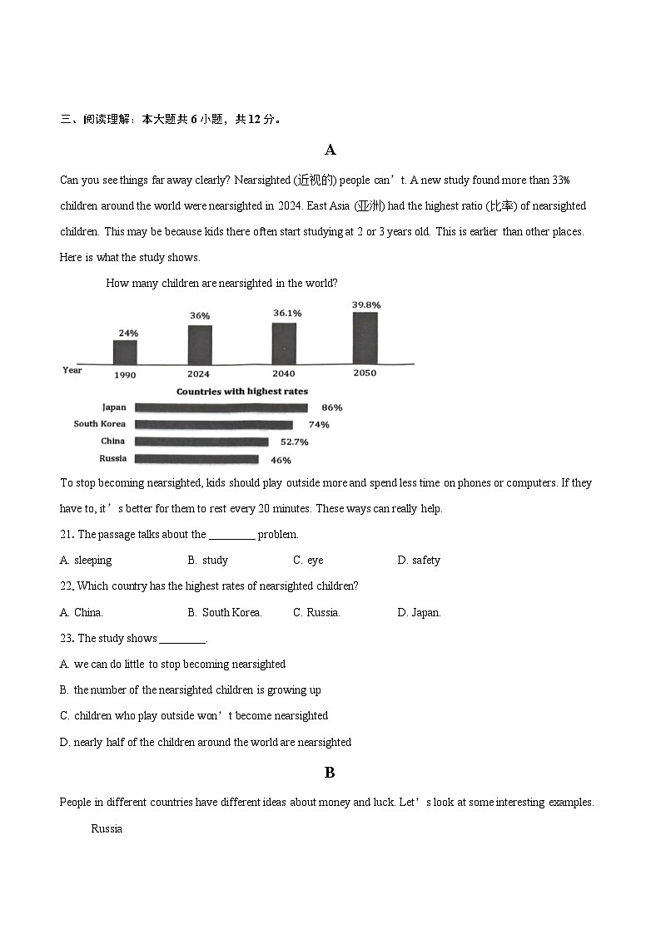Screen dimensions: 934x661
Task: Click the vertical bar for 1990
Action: click(125, 352)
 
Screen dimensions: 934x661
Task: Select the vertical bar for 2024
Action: click(200, 344)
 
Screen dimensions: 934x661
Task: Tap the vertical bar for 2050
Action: click(365, 338)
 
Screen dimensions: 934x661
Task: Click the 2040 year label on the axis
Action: click(284, 374)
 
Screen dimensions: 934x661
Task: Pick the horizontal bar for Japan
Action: click(221, 408)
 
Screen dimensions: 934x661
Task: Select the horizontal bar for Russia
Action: click(196, 459)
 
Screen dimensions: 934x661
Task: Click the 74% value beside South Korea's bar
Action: click(319, 424)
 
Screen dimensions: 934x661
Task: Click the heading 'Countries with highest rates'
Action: click(241, 391)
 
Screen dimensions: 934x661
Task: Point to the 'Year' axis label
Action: click(72, 370)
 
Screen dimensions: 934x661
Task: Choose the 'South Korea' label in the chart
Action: click(100, 424)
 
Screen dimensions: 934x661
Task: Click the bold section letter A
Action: click(330, 150)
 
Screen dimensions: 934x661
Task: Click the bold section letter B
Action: click(330, 773)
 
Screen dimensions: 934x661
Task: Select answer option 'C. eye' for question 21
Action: click(308, 561)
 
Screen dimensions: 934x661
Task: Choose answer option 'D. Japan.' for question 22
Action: click(419, 613)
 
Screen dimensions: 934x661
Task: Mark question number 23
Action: click(67, 639)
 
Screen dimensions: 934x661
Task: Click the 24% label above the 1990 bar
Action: click(128, 333)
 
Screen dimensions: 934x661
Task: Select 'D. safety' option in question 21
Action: click(419, 561)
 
